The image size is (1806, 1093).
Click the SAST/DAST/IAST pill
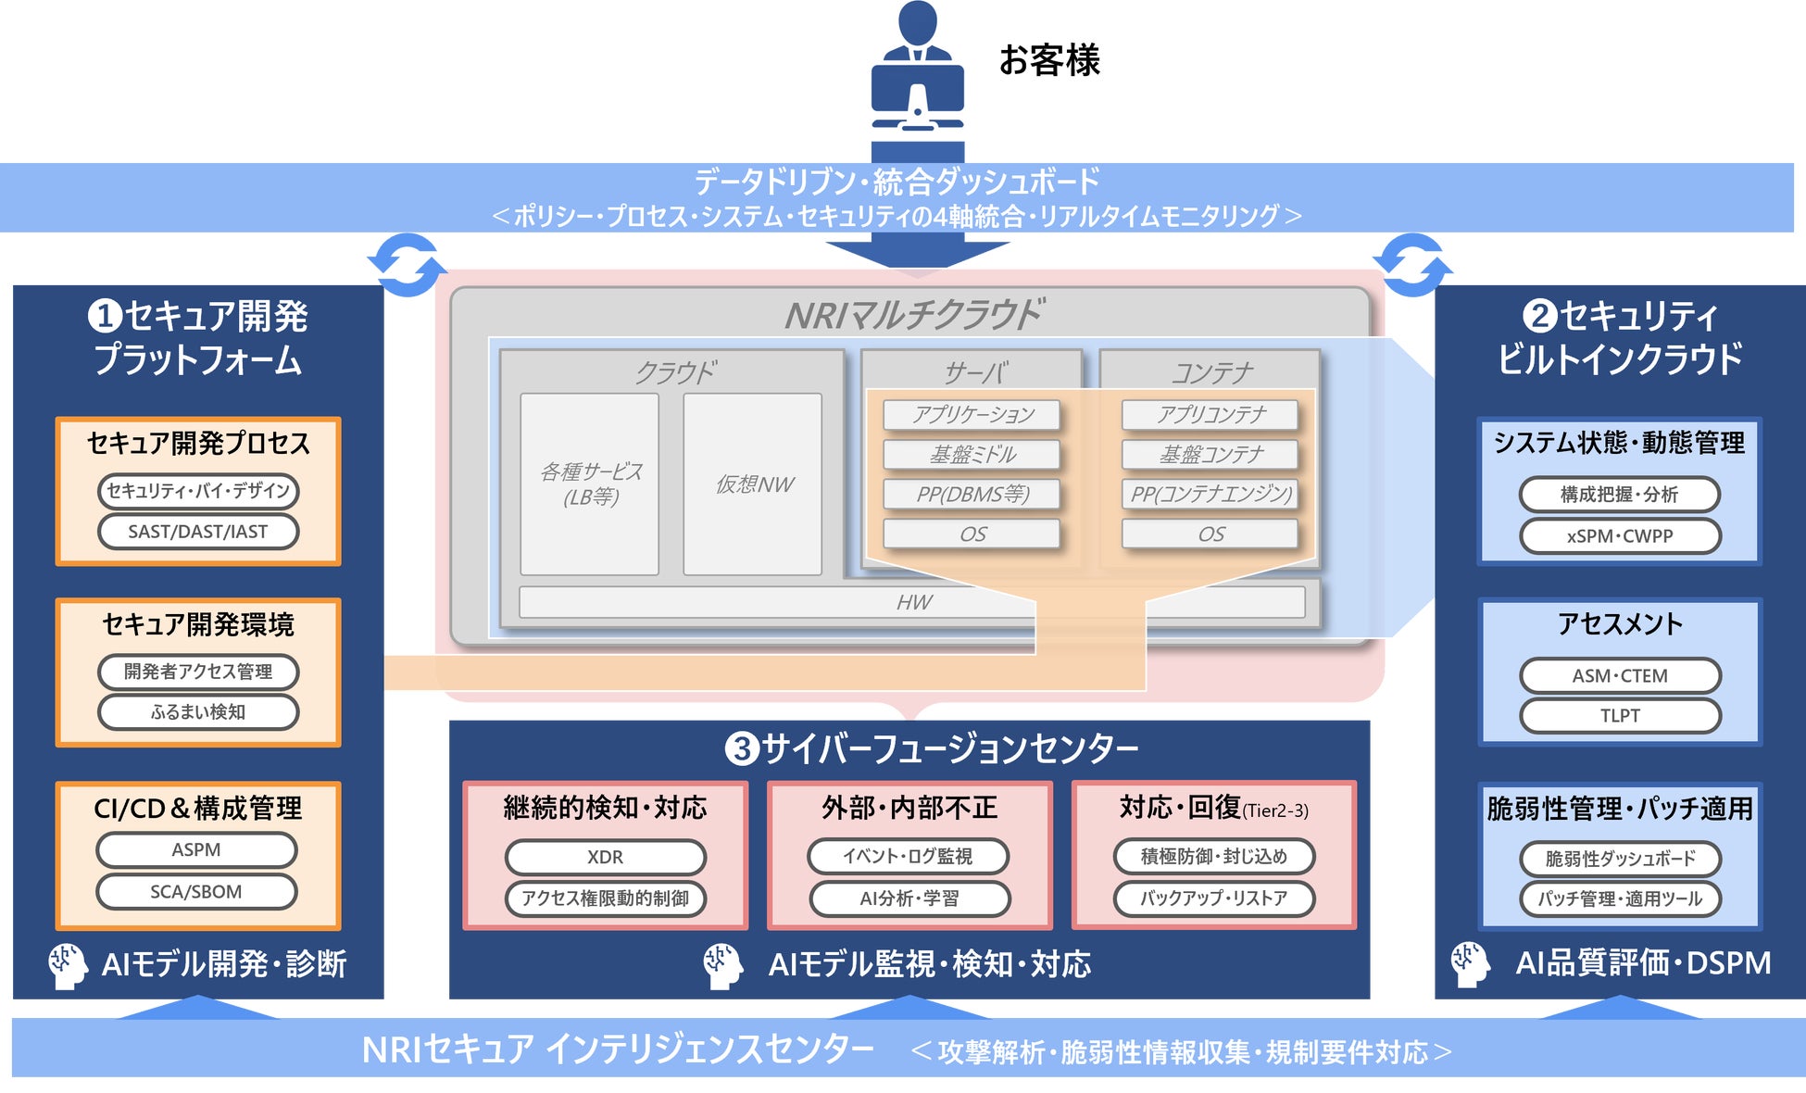coord(197,532)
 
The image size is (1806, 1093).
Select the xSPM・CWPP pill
coord(1619,535)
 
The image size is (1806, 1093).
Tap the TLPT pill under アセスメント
coord(1619,716)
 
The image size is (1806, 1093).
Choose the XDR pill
coord(605,857)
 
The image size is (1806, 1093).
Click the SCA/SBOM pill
coord(196,891)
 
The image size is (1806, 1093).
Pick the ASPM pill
coord(196,849)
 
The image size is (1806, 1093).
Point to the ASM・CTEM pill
coord(1619,675)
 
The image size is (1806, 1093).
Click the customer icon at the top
coord(917,79)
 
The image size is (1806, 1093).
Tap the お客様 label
coord(1049,60)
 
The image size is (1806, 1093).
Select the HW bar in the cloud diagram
coord(912,602)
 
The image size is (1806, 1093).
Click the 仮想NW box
coord(753,484)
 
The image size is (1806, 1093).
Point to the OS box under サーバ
coord(972,534)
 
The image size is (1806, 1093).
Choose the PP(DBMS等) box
coord(972,495)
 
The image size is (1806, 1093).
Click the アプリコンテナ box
coord(1210,415)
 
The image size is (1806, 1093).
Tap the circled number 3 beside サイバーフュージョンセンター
coord(741,748)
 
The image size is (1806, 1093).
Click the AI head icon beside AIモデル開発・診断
coord(68,965)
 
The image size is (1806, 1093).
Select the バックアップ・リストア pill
coord(1213,898)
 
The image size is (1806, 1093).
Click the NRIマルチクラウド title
coord(912,315)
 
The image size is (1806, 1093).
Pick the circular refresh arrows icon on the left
coord(407,265)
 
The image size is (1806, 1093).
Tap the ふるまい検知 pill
coord(197,712)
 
